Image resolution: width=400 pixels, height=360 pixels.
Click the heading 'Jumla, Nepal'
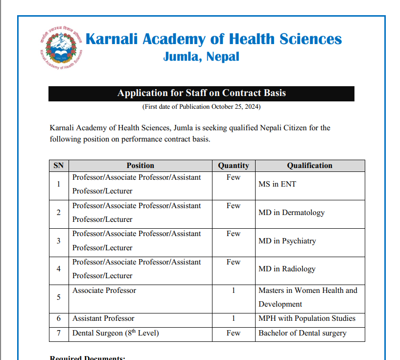click(x=201, y=57)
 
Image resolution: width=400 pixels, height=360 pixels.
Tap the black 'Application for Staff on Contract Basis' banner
click(x=201, y=93)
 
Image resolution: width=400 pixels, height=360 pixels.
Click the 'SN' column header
click(x=59, y=166)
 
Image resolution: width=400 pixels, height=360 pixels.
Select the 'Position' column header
click(x=140, y=166)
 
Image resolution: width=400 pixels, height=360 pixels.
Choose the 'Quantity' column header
click(x=233, y=166)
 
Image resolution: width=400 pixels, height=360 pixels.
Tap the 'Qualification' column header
click(x=309, y=166)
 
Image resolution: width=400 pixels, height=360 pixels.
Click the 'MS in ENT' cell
click(x=277, y=185)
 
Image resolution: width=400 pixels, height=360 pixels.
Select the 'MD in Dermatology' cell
click(x=291, y=213)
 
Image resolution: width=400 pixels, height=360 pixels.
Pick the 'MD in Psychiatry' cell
click(x=287, y=241)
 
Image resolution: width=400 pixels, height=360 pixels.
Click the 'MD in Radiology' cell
click(x=287, y=269)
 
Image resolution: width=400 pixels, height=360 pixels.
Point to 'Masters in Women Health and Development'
click(x=307, y=297)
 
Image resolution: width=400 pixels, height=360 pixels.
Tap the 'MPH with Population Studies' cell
click(x=307, y=318)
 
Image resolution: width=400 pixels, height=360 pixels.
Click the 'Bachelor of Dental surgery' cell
click(x=302, y=333)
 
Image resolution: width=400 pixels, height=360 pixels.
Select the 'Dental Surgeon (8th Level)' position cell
click(x=116, y=333)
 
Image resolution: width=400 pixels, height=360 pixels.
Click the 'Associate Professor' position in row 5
click(x=104, y=290)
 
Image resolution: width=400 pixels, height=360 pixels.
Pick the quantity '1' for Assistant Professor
click(x=233, y=318)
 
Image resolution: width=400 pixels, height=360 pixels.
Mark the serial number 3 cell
click(x=59, y=241)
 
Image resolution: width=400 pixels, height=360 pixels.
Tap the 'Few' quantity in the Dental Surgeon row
click(x=233, y=333)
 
